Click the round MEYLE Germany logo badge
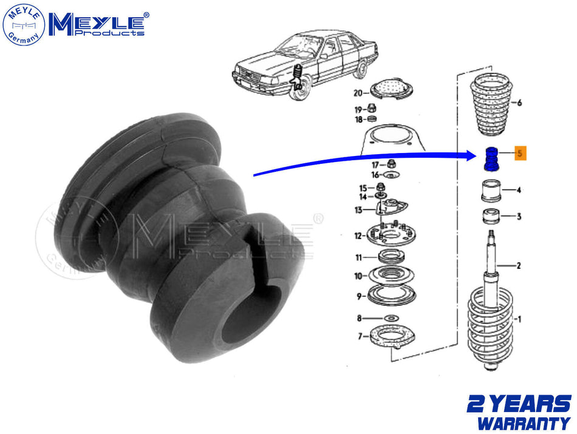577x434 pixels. click(x=24, y=25)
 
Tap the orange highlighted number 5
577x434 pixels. click(x=520, y=153)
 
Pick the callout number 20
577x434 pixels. click(x=358, y=93)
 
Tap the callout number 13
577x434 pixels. click(x=358, y=210)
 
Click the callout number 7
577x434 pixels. click(x=360, y=336)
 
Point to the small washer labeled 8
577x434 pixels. click(x=392, y=318)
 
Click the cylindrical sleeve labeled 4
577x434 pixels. click(x=491, y=191)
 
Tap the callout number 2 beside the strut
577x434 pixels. click(x=519, y=265)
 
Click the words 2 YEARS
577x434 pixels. click(x=519, y=404)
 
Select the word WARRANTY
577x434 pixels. click(x=524, y=423)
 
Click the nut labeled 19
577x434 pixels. click(x=372, y=108)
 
